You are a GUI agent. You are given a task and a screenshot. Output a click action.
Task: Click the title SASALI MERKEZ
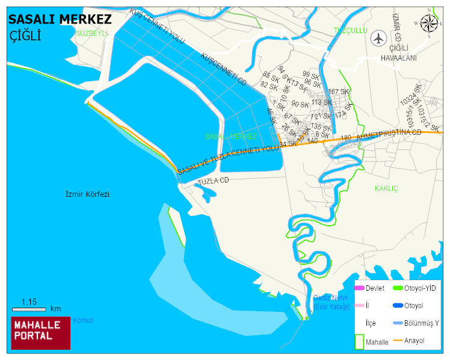tap(60, 19)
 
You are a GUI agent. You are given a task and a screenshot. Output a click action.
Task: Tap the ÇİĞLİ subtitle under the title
tap(25, 36)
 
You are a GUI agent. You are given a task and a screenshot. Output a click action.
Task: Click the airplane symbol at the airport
tap(378, 38)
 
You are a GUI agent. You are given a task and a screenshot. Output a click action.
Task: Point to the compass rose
tap(429, 23)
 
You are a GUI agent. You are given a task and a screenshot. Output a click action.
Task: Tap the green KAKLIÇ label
tap(387, 188)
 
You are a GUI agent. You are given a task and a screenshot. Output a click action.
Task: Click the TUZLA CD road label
tap(214, 180)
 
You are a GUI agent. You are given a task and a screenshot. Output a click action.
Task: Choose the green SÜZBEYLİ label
tap(91, 33)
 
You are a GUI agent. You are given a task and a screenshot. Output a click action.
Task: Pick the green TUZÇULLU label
tap(350, 31)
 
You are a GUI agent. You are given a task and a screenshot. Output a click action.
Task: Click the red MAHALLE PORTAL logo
tap(41, 332)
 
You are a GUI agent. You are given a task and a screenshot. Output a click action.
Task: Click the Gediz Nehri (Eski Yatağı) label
tap(331, 302)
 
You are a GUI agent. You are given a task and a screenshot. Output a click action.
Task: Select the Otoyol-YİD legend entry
tap(415, 288)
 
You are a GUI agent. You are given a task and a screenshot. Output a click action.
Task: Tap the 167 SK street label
tap(338, 92)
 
